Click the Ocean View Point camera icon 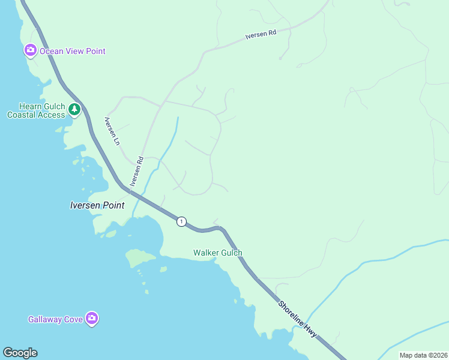point(30,50)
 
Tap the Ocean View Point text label point(72,51)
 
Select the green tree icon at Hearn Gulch point(74,109)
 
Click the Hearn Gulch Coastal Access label point(35,110)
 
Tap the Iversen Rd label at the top point(261,35)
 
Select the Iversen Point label point(97,205)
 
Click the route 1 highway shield point(181,221)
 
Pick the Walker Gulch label point(217,253)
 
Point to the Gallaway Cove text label point(55,319)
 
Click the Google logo point(20,353)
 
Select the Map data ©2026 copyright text point(423,355)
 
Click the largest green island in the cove point(140,258)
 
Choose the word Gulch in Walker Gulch point(231,253)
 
